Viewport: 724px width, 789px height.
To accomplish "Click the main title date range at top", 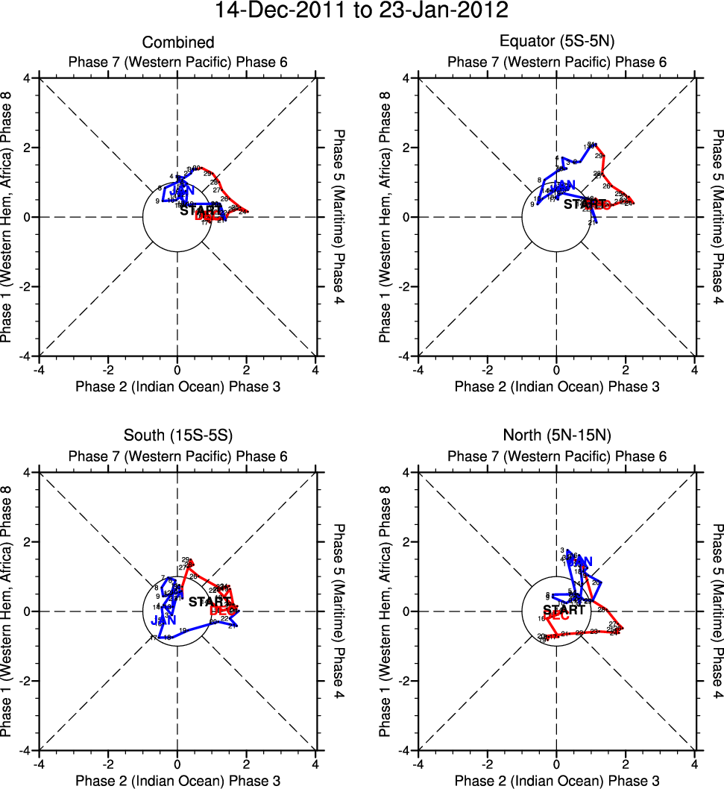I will [362, 11].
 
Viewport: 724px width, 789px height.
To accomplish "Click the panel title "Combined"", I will [178, 43].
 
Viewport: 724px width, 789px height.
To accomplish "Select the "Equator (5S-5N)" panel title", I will [556, 43].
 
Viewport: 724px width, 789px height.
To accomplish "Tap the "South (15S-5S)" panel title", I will [178, 437].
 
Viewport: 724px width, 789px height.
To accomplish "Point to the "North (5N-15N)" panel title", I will [556, 437].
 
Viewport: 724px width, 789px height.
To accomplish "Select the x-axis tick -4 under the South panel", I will [39, 764].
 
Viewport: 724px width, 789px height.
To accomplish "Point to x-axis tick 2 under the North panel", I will [626, 764].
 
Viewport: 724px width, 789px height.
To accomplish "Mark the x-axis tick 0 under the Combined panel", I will [177, 370].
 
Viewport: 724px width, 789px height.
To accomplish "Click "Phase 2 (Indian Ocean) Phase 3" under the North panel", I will [556, 780].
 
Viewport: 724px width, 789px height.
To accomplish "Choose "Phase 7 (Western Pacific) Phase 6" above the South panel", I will [178, 456].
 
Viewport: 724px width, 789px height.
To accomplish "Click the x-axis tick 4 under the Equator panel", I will [695, 370].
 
